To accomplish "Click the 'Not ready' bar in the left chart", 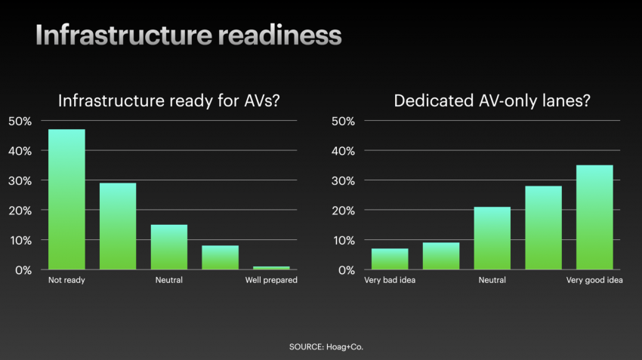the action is click(66, 199).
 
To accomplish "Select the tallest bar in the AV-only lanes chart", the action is click(594, 217).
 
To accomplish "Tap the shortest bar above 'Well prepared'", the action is click(271, 268).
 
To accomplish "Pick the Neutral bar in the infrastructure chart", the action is click(169, 247).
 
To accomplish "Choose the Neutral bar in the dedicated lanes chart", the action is click(492, 238).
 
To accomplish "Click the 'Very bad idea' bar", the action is click(390, 259).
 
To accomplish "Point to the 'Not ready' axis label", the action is click(66, 280).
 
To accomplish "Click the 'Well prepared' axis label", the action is click(271, 280).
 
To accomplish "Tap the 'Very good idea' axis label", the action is click(594, 280).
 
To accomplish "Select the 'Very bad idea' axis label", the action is click(390, 280).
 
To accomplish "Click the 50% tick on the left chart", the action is click(20, 121).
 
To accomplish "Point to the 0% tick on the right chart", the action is click(347, 270).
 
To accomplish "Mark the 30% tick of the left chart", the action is click(20, 181).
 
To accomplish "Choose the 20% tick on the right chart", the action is click(343, 211).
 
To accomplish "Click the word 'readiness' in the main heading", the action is click(279, 35).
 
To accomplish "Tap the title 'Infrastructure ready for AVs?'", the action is click(168, 100).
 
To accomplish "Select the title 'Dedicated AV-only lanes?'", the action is click(492, 100).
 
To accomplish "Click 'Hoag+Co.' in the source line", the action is click(344, 347).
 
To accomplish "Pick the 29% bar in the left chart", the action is click(118, 226).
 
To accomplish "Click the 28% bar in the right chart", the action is click(543, 228).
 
